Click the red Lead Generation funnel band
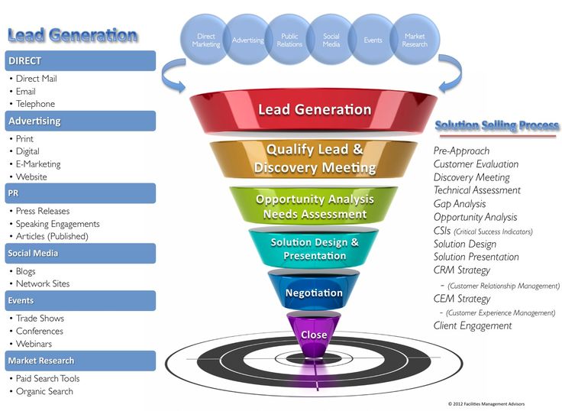click(314, 110)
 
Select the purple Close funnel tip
click(314, 335)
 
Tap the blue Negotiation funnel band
click(314, 293)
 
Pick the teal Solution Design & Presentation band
click(314, 249)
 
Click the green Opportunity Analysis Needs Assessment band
click(314, 206)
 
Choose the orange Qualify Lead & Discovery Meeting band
click(314, 158)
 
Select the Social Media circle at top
click(332, 40)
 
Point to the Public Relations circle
click(290, 40)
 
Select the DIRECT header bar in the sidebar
click(79, 60)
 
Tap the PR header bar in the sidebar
click(79, 193)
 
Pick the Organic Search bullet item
click(44, 391)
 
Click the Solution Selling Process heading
click(496, 125)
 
